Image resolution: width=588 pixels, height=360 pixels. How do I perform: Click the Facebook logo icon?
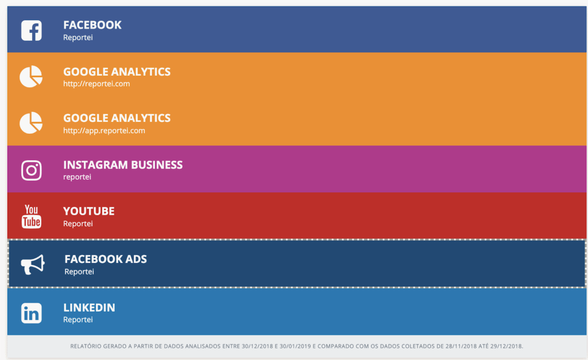click(31, 30)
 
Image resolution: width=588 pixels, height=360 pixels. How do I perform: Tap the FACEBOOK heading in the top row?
click(92, 25)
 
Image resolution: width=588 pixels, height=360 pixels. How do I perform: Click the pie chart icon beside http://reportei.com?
click(31, 77)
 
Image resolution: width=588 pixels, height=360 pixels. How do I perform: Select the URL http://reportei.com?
click(96, 84)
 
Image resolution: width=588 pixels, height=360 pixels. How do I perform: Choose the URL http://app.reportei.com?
click(104, 130)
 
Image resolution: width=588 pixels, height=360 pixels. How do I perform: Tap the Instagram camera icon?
click(31, 171)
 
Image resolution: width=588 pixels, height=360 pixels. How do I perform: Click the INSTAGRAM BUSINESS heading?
click(123, 165)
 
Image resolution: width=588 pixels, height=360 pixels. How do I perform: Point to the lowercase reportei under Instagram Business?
click(77, 177)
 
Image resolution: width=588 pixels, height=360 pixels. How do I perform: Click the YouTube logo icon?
click(31, 216)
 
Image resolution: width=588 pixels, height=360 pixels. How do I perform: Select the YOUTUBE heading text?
click(89, 211)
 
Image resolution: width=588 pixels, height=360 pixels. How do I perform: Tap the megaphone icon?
click(33, 265)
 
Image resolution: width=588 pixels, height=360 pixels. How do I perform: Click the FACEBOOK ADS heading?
click(106, 259)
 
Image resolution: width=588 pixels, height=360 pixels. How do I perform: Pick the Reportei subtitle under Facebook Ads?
click(79, 272)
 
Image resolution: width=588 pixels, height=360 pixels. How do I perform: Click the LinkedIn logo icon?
click(31, 313)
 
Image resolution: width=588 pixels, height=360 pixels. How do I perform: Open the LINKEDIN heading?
click(89, 308)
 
